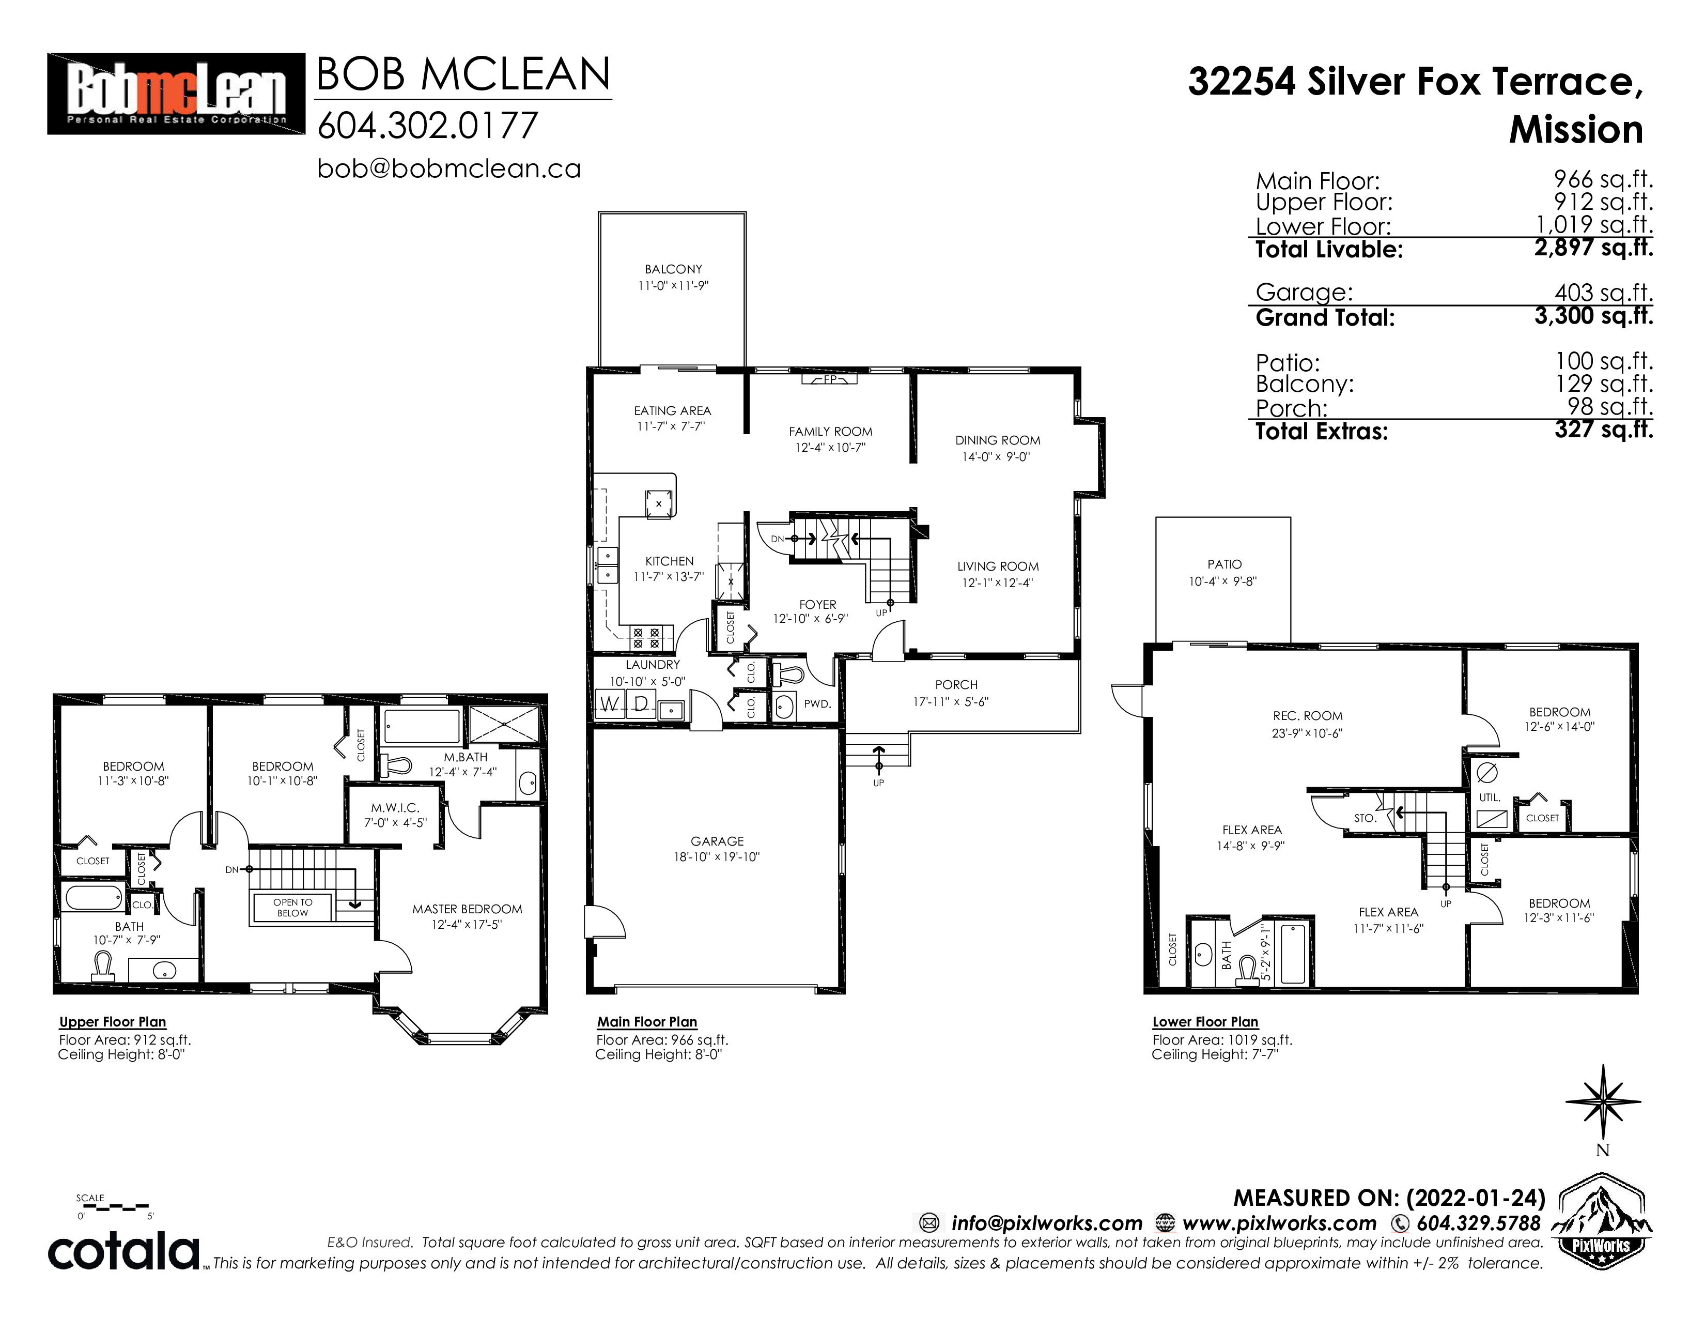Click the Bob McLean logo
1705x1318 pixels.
click(176, 94)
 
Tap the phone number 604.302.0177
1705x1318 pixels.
click(428, 126)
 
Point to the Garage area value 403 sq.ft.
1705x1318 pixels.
click(1604, 293)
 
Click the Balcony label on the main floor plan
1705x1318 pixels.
click(673, 269)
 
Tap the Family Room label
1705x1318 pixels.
click(831, 432)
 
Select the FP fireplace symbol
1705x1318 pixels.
click(830, 379)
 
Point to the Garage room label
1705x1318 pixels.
click(718, 841)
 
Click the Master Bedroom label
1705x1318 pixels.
click(467, 909)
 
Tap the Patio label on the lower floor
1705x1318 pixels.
click(1224, 564)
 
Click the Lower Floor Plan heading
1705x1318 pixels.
click(1205, 1021)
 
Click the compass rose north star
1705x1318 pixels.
click(1603, 1102)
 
